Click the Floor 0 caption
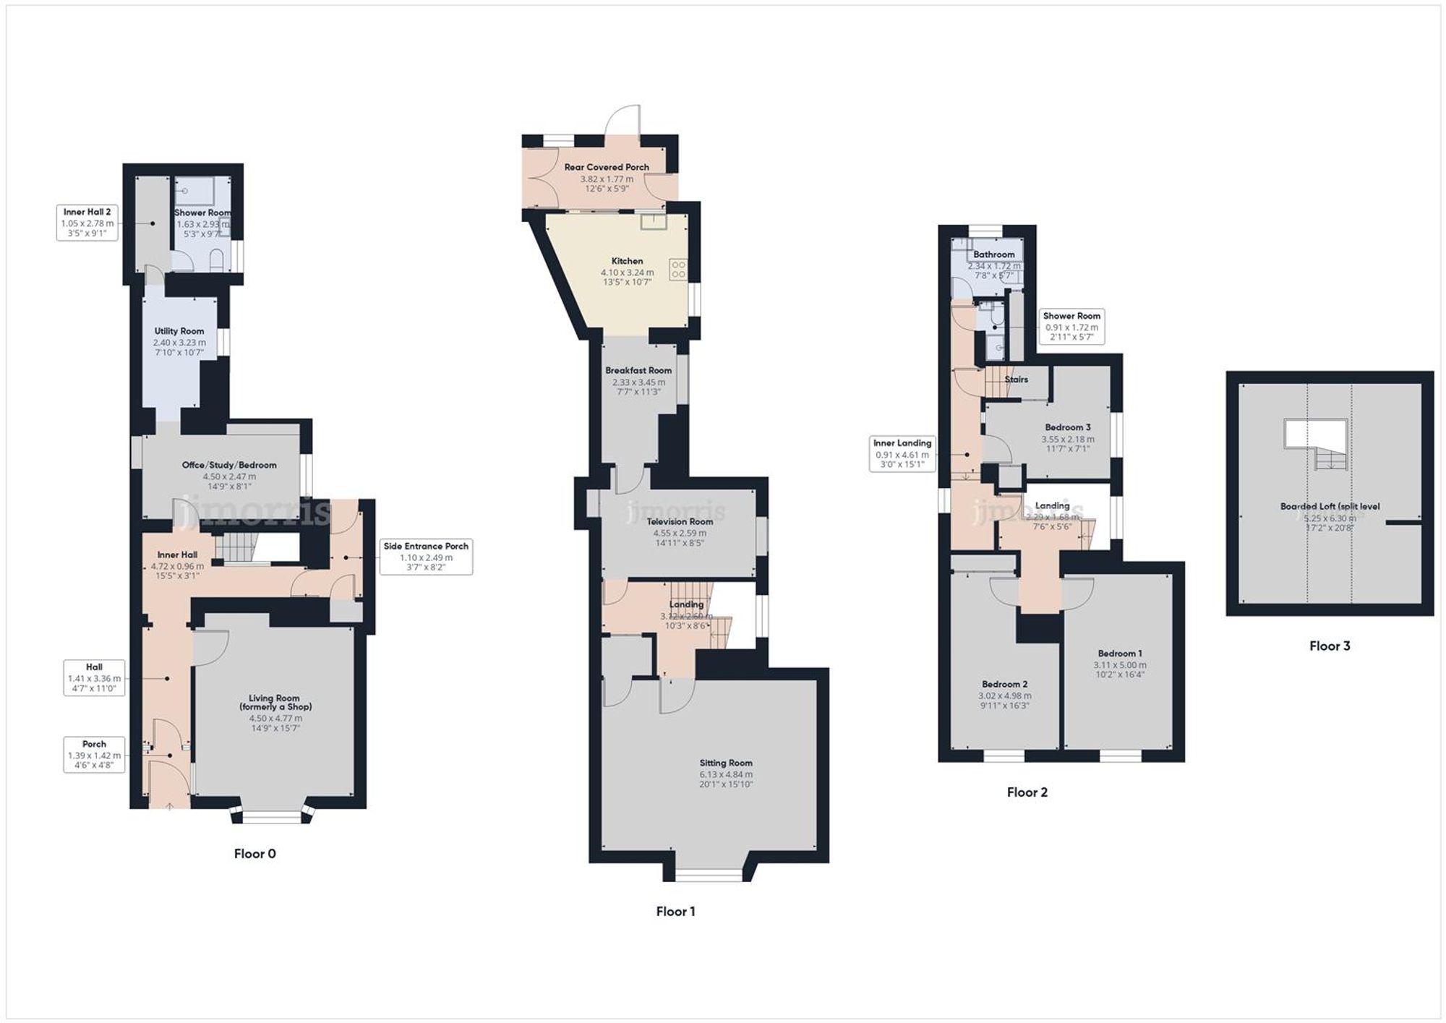pyautogui.click(x=254, y=854)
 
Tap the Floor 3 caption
pyautogui.click(x=1329, y=646)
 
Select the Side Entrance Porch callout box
pyautogui.click(x=426, y=557)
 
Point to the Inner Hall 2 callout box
pyautogui.click(x=87, y=223)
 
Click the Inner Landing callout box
pyautogui.click(x=902, y=454)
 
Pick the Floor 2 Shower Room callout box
pyautogui.click(x=1071, y=326)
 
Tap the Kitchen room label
pyautogui.click(x=627, y=261)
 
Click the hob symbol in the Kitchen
pyautogui.click(x=678, y=270)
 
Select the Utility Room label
pyautogui.click(x=179, y=331)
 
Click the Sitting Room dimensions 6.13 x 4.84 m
pyautogui.click(x=725, y=774)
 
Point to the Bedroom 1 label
pyautogui.click(x=1119, y=654)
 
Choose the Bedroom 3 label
pyautogui.click(x=1067, y=427)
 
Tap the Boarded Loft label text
pyautogui.click(x=1330, y=506)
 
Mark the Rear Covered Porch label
pyautogui.click(x=607, y=167)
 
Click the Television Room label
pyautogui.click(x=680, y=521)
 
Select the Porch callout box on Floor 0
pyautogui.click(x=94, y=754)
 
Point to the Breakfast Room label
pyautogui.click(x=638, y=370)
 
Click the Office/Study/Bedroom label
pyautogui.click(x=229, y=465)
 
